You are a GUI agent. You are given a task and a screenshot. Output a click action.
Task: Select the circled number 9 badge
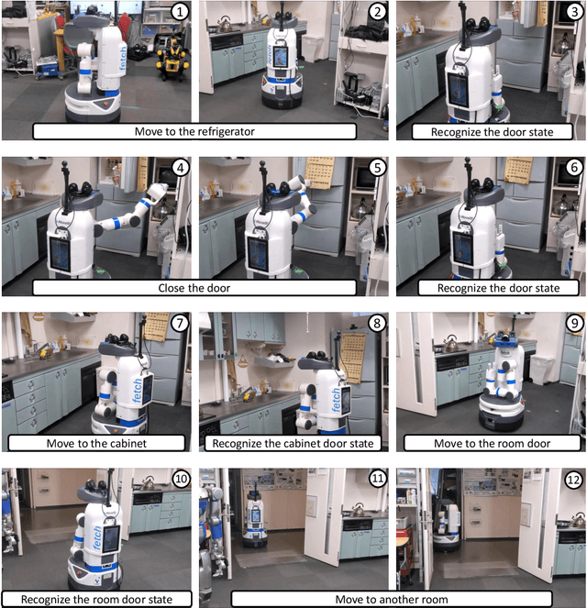pos(572,324)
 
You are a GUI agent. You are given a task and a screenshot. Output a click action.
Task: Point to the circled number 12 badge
pos(571,480)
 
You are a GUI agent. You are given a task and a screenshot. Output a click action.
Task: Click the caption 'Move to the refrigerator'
pos(194,131)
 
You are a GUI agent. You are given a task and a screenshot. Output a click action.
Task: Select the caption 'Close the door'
pos(194,287)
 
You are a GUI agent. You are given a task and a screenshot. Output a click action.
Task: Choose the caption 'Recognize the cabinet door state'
pos(293,443)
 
